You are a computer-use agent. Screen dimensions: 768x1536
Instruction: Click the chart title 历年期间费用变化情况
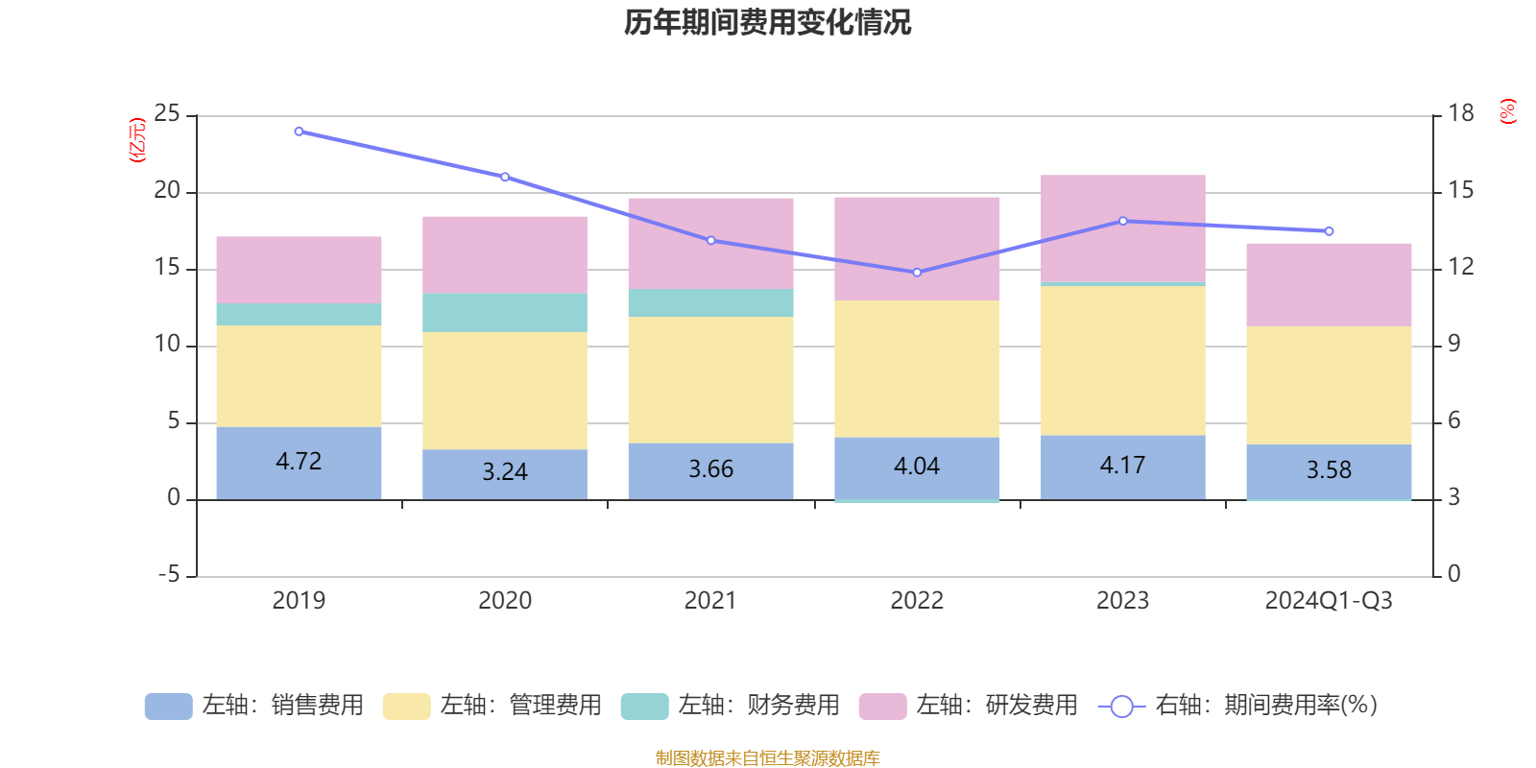click(767, 22)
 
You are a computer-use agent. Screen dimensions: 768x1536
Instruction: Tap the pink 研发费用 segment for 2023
click(1123, 228)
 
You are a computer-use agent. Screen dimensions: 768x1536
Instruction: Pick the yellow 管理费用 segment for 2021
click(710, 379)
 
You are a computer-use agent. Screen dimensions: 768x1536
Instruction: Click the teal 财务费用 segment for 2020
click(505, 313)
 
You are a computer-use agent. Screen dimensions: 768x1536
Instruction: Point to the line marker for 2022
click(917, 273)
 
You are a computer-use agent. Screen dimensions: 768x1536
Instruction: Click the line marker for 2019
click(299, 132)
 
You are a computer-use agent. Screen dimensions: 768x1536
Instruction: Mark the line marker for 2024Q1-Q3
click(1329, 231)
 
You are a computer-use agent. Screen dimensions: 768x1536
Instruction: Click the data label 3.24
click(505, 471)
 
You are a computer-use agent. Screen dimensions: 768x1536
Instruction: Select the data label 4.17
click(1122, 466)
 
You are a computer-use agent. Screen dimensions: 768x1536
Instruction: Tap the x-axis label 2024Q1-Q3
click(1329, 601)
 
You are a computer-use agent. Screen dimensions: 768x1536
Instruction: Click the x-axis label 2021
click(710, 601)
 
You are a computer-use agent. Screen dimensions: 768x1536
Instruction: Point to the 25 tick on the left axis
click(167, 114)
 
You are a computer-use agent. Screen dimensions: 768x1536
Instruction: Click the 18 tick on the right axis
click(1461, 113)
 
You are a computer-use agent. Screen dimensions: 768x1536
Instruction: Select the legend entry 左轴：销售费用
click(254, 706)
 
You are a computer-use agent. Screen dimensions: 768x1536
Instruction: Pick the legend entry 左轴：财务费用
click(731, 706)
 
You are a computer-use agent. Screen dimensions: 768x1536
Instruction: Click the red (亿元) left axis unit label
click(137, 140)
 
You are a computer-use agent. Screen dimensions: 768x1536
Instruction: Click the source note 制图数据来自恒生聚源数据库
click(767, 758)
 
